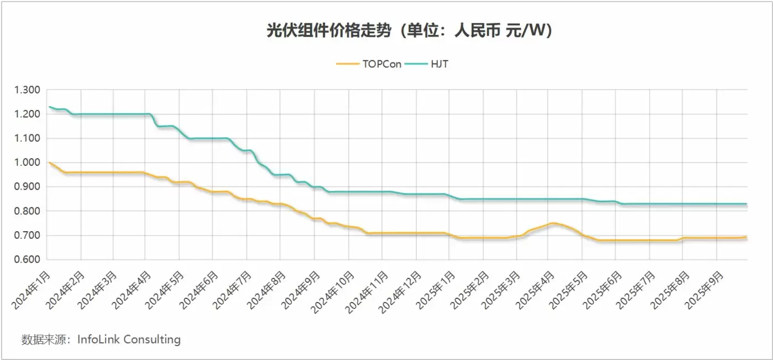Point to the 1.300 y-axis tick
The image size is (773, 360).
tap(28, 90)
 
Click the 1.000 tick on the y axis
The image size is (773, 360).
tap(28, 163)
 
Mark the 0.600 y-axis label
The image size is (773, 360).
tap(28, 260)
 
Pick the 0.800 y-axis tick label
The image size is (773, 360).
tap(28, 211)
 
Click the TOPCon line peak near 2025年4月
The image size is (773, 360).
tap(551, 223)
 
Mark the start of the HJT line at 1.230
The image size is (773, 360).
tap(49, 107)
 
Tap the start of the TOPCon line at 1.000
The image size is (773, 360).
tap(49, 163)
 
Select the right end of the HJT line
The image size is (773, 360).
tap(747, 204)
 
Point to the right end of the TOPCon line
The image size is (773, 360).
tap(747, 237)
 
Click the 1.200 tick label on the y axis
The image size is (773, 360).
tap(28, 114)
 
